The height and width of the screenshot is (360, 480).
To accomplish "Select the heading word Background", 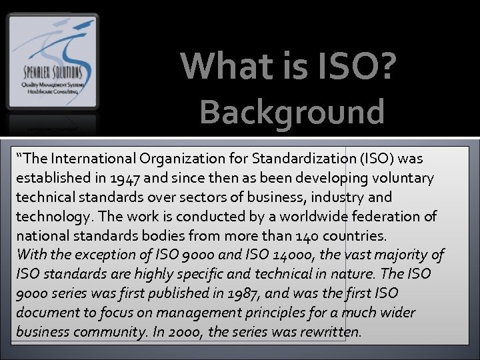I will [x=292, y=111].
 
